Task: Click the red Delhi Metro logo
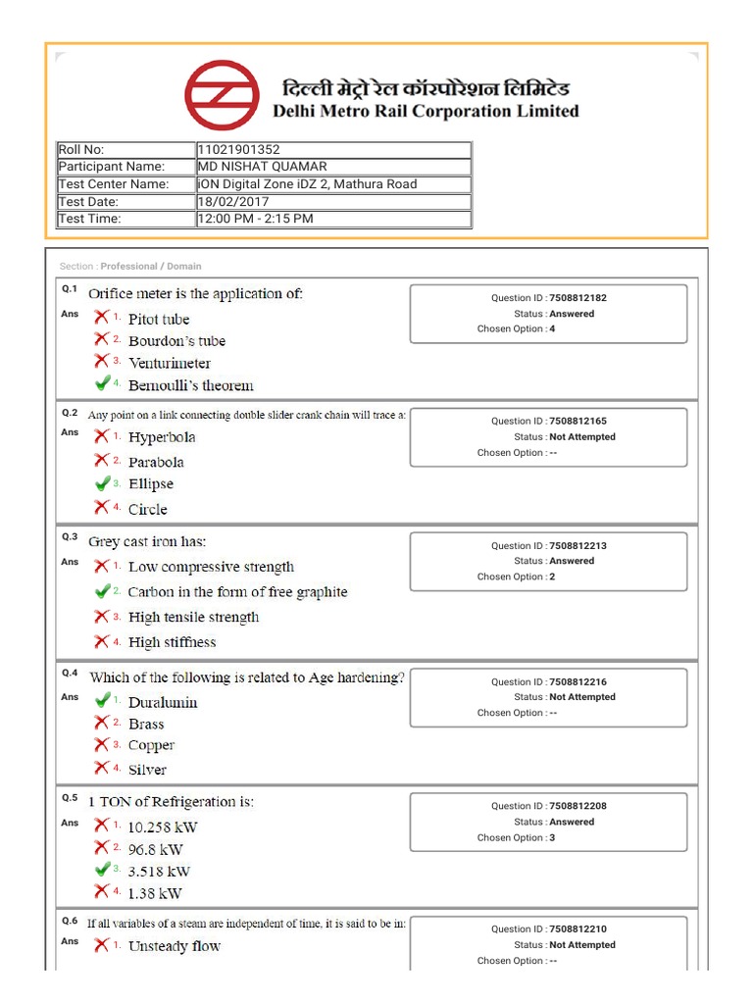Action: coord(225,95)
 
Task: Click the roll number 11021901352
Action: coord(238,149)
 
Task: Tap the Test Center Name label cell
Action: coord(114,184)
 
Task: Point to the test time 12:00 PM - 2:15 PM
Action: coord(255,219)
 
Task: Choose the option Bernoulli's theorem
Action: coord(190,385)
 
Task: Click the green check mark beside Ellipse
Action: coord(102,483)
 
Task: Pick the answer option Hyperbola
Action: coord(162,437)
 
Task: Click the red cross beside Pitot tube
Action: coord(102,317)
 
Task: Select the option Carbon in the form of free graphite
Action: coord(237,592)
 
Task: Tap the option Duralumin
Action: coord(163,702)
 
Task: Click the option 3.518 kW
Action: coord(159,871)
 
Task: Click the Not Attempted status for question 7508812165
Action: coord(581,437)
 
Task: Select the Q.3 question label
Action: coord(70,537)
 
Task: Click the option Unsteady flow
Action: coord(174,946)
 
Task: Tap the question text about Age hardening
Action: coord(246,678)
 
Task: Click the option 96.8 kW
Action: coord(155,850)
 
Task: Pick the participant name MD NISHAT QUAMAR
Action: coord(263,167)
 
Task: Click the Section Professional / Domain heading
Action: coord(130,267)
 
